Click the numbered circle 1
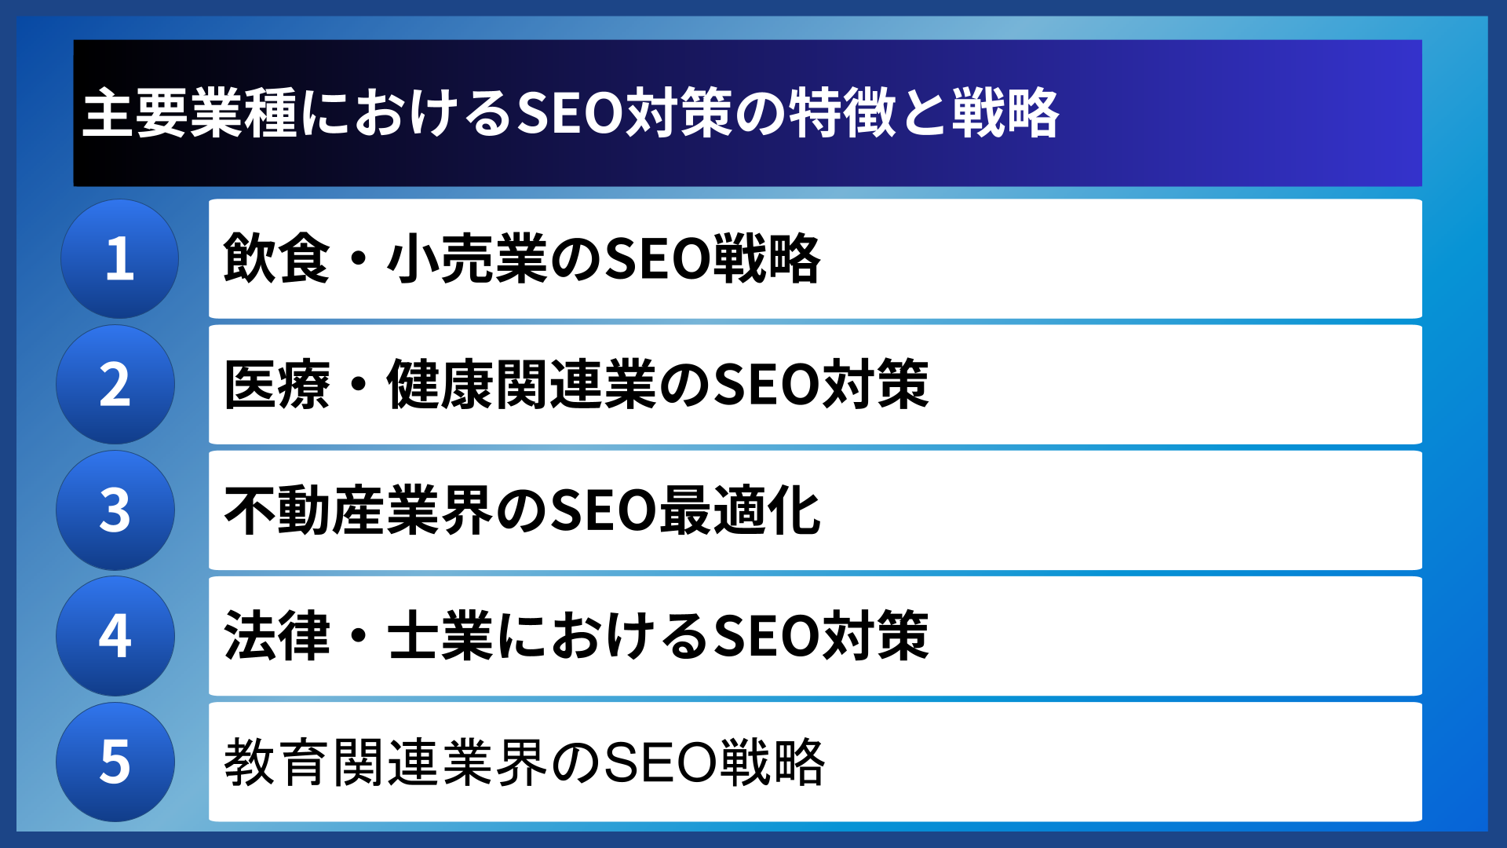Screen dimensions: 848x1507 (x=119, y=259)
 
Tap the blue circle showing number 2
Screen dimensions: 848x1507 (x=115, y=385)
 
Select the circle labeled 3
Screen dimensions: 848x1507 (x=115, y=510)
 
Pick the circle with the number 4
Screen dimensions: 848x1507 (x=115, y=636)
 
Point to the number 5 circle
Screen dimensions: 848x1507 (x=115, y=762)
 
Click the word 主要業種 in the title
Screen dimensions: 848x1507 (x=189, y=114)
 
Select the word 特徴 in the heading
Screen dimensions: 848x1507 (x=841, y=114)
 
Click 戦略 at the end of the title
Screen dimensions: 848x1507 (x=1005, y=114)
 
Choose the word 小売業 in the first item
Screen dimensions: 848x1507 (x=467, y=259)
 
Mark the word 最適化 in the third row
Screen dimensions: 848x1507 (x=740, y=510)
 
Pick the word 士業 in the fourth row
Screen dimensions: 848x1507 (x=440, y=636)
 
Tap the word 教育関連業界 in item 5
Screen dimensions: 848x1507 (x=385, y=762)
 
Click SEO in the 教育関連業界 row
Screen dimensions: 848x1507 (x=659, y=762)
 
